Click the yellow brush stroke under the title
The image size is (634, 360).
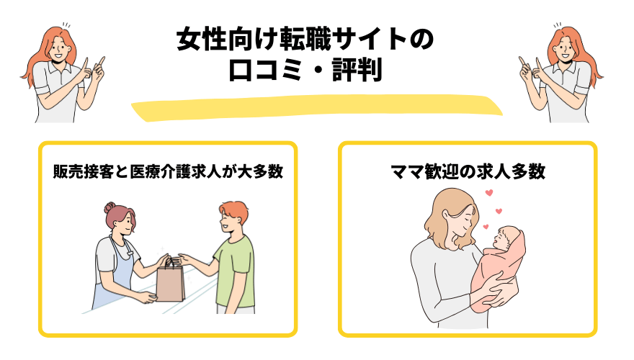coord(317,108)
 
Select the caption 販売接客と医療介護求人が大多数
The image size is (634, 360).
coord(166,173)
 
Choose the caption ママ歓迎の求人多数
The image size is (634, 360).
coord(467,173)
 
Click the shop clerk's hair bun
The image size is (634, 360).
coord(111,207)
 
